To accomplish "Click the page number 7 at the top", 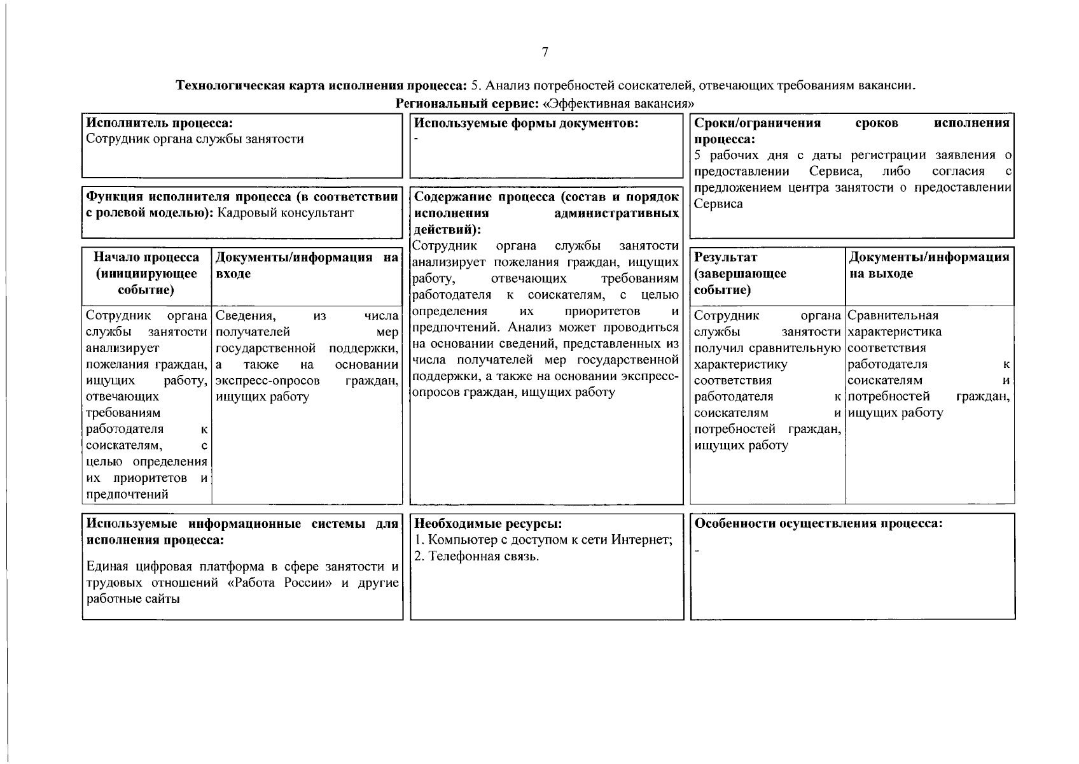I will coord(545,52).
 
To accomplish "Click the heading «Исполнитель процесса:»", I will coord(159,123).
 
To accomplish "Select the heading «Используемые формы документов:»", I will coord(526,123).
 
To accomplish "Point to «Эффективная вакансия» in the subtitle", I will coord(617,103).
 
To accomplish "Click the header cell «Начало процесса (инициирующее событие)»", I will coord(146,274).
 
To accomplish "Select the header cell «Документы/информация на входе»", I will coord(307,265).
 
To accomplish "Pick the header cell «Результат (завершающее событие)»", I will coord(740,274).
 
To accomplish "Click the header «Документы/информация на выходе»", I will coord(929,265).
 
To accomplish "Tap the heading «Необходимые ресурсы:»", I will coord(488,524).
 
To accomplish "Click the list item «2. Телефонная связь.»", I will coord(477,556).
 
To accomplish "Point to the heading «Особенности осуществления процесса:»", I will coord(818,524).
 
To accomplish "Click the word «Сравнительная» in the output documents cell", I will coord(893,316).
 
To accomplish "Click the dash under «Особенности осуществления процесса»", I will coord(697,550).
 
